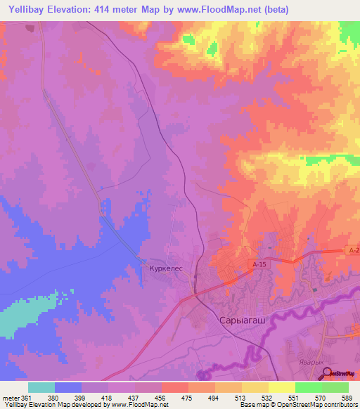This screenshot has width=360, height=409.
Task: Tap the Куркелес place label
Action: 165,268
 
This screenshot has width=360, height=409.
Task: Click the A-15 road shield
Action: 259,264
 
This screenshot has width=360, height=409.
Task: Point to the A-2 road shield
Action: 354,250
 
